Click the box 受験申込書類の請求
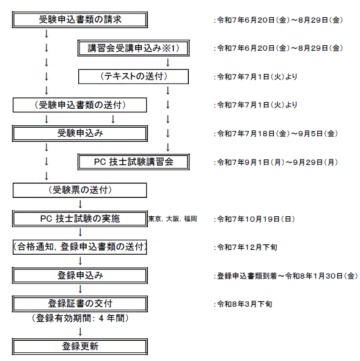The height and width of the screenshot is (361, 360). pyautogui.click(x=80, y=20)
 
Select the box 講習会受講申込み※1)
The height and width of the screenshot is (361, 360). pyautogui.click(x=134, y=48)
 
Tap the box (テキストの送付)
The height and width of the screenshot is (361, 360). pyautogui.click(x=134, y=76)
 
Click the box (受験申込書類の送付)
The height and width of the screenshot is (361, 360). pyautogui.click(x=80, y=105)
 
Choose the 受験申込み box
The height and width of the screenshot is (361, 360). pyautogui.click(x=80, y=133)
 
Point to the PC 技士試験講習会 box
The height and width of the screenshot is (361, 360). pyautogui.click(x=134, y=162)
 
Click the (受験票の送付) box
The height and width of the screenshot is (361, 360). pyautogui.click(x=80, y=190)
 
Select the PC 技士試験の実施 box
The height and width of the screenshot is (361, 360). pyautogui.click(x=80, y=219)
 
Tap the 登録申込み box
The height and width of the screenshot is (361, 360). pyautogui.click(x=80, y=275)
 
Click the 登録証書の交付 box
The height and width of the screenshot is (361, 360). pyautogui.click(x=80, y=304)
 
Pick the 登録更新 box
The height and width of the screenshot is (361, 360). pyautogui.click(x=80, y=346)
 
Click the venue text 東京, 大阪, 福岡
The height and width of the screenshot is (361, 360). pyautogui.click(x=173, y=219)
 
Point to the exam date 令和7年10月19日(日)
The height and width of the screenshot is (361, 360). pyautogui.click(x=254, y=219)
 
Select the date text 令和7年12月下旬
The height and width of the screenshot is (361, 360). pyautogui.click(x=246, y=247)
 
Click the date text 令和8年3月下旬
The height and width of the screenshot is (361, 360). pyautogui.click(x=243, y=304)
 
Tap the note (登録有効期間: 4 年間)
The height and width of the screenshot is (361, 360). pyautogui.click(x=80, y=318)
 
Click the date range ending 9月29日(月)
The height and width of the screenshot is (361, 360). pyautogui.click(x=276, y=162)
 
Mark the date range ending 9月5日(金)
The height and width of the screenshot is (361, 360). pyautogui.click(x=276, y=134)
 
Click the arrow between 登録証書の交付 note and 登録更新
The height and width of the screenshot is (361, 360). pyautogui.click(x=80, y=332)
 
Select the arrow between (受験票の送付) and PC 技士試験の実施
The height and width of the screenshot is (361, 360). pyautogui.click(x=80, y=204)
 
